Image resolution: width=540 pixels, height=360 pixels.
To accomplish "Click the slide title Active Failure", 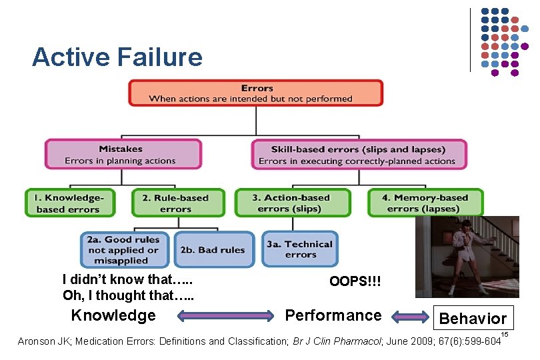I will tap(117, 57).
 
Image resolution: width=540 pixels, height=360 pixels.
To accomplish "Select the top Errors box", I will tap(256, 93).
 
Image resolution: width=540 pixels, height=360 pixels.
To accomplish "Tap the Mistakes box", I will tap(123, 154).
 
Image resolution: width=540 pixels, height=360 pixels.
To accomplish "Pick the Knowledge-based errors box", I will tap(70, 203).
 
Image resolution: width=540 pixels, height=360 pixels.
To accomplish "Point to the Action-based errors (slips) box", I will tap(292, 203).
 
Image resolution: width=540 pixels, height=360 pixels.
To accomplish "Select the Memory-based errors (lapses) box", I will tap(425, 203).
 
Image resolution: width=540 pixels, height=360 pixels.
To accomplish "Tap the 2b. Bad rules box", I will tap(213, 249).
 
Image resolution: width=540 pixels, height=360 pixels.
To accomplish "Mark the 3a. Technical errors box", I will tap(300, 249).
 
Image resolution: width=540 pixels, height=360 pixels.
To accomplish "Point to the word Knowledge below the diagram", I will tap(113, 315).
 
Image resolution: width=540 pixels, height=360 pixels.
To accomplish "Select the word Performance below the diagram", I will tap(333, 315).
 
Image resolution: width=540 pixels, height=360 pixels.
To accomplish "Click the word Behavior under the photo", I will tap(473, 319).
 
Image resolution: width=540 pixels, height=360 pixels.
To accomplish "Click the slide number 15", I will tap(505, 333).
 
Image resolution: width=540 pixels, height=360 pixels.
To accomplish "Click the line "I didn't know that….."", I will tap(122, 279).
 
